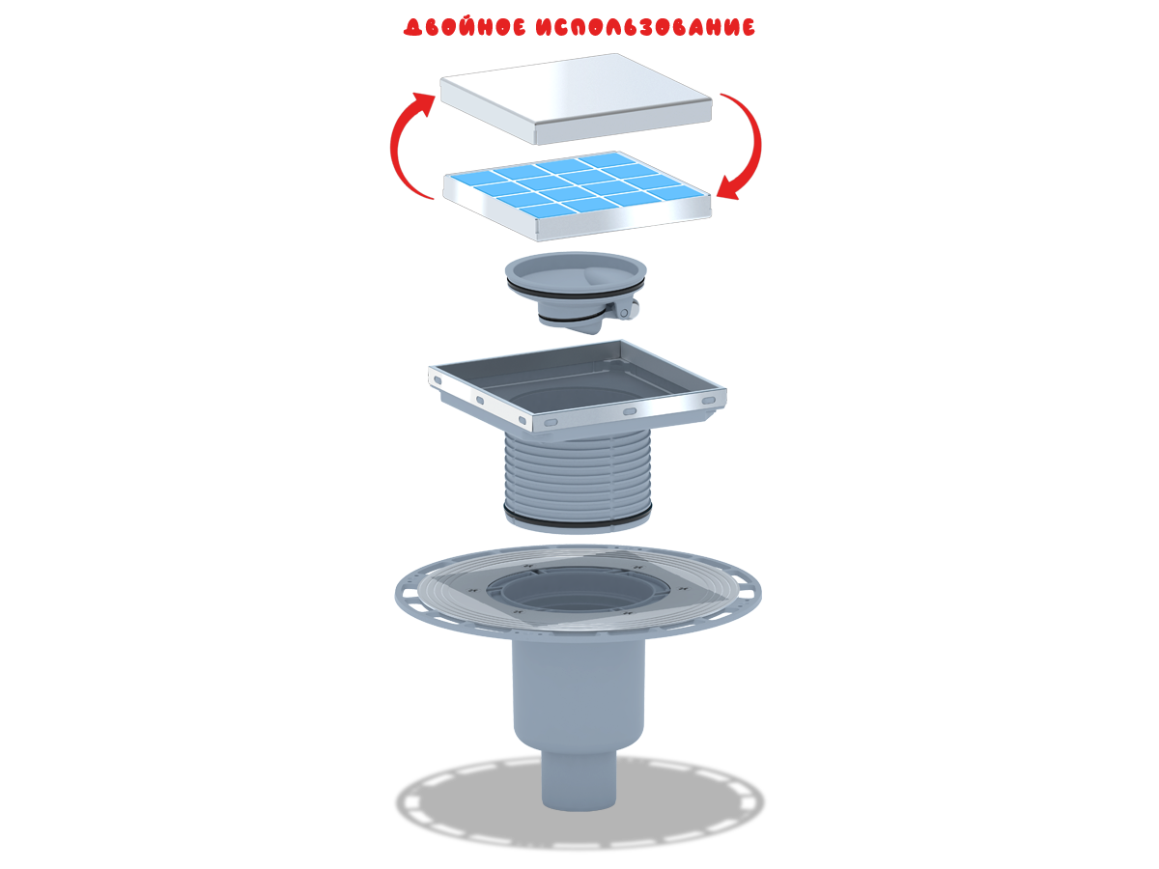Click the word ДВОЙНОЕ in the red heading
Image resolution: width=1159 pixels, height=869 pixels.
coord(465,27)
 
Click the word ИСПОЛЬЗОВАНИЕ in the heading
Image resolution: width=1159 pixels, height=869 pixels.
coord(645,27)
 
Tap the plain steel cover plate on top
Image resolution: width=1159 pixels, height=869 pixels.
coord(576,98)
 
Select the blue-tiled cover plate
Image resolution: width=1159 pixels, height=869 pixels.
coord(577,196)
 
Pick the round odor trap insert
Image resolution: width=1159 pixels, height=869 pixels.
coord(576,292)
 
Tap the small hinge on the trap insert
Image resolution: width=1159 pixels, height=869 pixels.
coord(625,311)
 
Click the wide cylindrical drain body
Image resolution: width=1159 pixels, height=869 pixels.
coord(579,691)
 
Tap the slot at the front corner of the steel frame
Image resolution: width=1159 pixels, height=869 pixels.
coord(551,423)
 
